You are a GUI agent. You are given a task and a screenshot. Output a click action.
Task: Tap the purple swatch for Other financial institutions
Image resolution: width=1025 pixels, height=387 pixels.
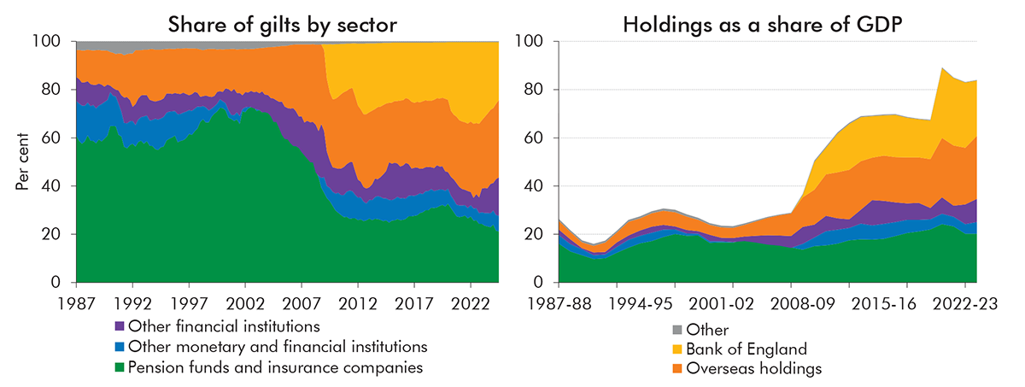119,325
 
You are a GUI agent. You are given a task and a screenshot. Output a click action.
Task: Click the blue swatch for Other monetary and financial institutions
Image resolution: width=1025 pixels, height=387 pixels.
119,347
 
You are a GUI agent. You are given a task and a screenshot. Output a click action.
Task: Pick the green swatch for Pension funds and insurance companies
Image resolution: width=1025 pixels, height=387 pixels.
119,368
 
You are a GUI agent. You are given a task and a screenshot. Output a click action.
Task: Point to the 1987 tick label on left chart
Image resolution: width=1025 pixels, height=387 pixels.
76,302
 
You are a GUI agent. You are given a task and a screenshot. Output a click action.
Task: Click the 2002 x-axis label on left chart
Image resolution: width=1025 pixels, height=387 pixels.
245,302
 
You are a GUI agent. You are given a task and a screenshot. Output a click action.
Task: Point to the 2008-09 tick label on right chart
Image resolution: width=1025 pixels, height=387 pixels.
791,302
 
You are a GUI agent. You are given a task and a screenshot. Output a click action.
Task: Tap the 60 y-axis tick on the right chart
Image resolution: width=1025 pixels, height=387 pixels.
536,138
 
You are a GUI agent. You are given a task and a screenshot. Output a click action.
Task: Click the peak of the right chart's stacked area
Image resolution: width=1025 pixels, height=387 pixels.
940,67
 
